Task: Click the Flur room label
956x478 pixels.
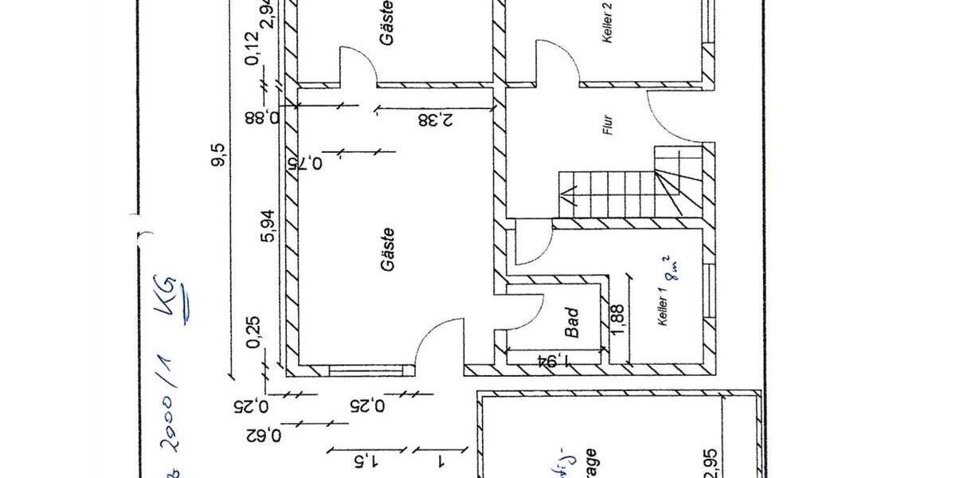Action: click(x=608, y=127)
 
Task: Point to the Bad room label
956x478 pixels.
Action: click(x=572, y=321)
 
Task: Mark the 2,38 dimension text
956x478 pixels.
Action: click(x=436, y=119)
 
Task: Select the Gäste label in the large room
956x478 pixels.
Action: click(x=388, y=249)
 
